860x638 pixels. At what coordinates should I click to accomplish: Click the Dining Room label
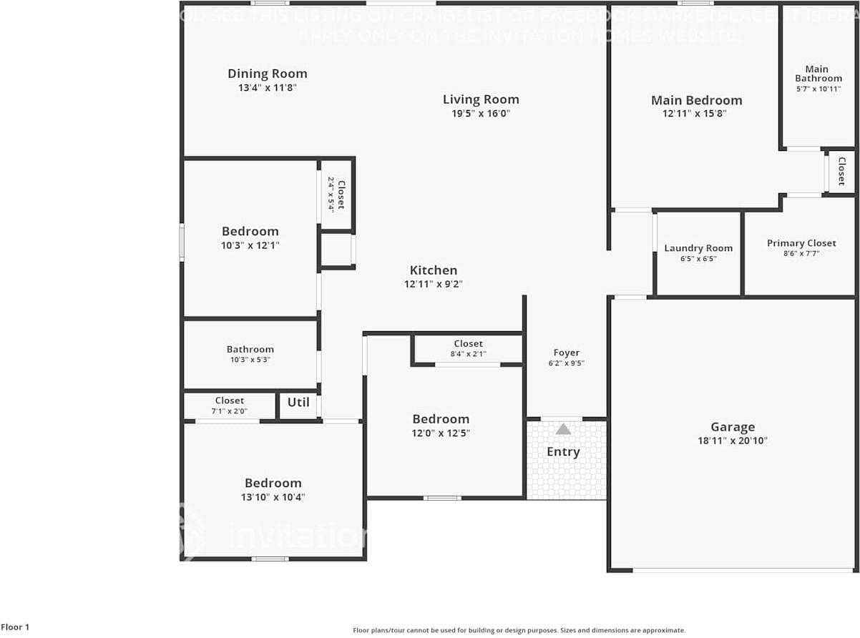coord(267,74)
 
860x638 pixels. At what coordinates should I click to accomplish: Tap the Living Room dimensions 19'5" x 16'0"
coord(480,114)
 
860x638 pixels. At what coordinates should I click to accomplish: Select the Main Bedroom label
coord(696,100)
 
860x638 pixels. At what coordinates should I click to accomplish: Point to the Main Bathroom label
coord(818,74)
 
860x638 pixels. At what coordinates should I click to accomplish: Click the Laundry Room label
coord(698,248)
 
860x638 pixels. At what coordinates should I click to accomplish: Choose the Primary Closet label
coord(801,243)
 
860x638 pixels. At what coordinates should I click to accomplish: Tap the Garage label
coord(733,427)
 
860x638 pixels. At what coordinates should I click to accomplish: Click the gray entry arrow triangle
coord(564,429)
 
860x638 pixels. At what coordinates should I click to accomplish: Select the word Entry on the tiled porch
coord(563,452)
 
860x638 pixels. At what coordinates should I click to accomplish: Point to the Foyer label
coord(566,353)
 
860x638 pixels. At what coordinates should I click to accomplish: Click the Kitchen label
coord(433,270)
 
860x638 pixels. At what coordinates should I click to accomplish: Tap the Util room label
coord(298,402)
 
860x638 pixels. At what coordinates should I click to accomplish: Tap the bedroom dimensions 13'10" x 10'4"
coord(273,497)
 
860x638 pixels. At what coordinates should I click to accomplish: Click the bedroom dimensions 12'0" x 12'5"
coord(440,433)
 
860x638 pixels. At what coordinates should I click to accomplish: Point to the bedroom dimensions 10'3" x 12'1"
coord(250,245)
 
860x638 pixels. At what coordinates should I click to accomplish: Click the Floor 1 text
coord(15,627)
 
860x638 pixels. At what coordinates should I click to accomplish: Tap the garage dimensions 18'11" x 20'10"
coord(732,441)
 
